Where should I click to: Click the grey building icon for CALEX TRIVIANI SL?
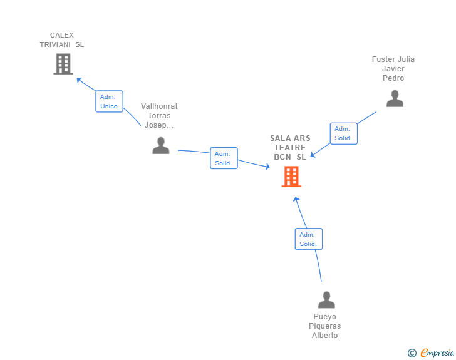[x=63, y=64]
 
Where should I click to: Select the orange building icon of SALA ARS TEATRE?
[x=291, y=177]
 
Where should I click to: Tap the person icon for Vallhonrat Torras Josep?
[x=161, y=146]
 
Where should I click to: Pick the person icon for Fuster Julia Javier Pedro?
[x=395, y=99]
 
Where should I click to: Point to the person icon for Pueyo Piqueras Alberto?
[x=326, y=300]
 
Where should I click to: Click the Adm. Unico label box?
[x=109, y=101]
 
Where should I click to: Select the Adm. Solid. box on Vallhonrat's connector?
[x=224, y=158]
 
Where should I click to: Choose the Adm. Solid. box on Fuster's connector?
[x=343, y=133]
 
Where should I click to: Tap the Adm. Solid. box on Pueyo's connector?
[x=308, y=239]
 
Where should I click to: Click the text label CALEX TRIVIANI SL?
[x=62, y=40]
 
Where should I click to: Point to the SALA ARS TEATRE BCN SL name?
[x=290, y=148]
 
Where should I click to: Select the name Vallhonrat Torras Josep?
[x=159, y=116]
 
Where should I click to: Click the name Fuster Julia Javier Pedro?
[x=393, y=69]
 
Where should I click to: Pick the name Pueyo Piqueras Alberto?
[x=325, y=326]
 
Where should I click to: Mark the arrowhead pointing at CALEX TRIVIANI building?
[x=79, y=80]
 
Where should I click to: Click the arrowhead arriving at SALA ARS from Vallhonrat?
[x=267, y=167]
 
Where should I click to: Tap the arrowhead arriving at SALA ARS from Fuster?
[x=314, y=155]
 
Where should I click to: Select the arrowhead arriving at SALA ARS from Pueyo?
[x=297, y=200]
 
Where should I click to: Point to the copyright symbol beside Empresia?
[x=412, y=353]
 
